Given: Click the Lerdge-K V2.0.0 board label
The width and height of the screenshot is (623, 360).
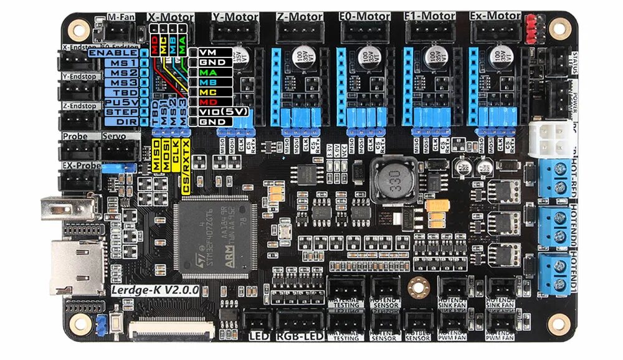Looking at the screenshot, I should click(155, 290).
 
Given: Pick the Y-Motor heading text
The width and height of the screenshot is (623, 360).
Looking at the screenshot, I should click(235, 16).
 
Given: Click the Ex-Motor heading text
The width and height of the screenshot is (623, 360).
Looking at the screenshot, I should click(495, 16).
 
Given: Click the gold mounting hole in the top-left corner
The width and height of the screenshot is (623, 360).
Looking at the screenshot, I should click(78, 27).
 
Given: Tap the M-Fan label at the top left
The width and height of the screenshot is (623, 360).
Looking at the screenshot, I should click(118, 17).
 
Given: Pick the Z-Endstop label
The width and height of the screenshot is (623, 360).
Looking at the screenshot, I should click(79, 106).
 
